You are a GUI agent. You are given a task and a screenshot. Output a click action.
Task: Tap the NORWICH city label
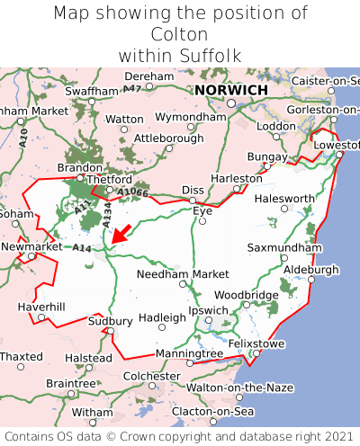[x=230, y=91]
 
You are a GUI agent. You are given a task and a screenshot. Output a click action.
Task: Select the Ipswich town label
[x=209, y=310]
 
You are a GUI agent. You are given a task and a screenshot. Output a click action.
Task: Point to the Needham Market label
[x=184, y=273]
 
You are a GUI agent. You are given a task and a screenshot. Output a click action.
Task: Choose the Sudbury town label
[x=111, y=321]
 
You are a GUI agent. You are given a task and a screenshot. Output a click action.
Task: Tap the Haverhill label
[x=41, y=308]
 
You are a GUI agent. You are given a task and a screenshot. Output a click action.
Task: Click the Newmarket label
[x=31, y=246]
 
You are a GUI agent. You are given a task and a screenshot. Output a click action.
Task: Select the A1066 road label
[x=132, y=192]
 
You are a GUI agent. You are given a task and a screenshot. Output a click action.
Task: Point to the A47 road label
[x=132, y=88]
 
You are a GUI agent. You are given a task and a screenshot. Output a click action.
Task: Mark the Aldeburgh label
[x=310, y=270]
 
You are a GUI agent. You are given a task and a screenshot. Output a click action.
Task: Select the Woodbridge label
[x=246, y=295]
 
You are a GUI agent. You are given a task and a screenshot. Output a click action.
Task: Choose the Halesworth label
[x=284, y=199]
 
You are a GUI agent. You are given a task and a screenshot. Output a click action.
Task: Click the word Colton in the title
[x=180, y=34]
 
